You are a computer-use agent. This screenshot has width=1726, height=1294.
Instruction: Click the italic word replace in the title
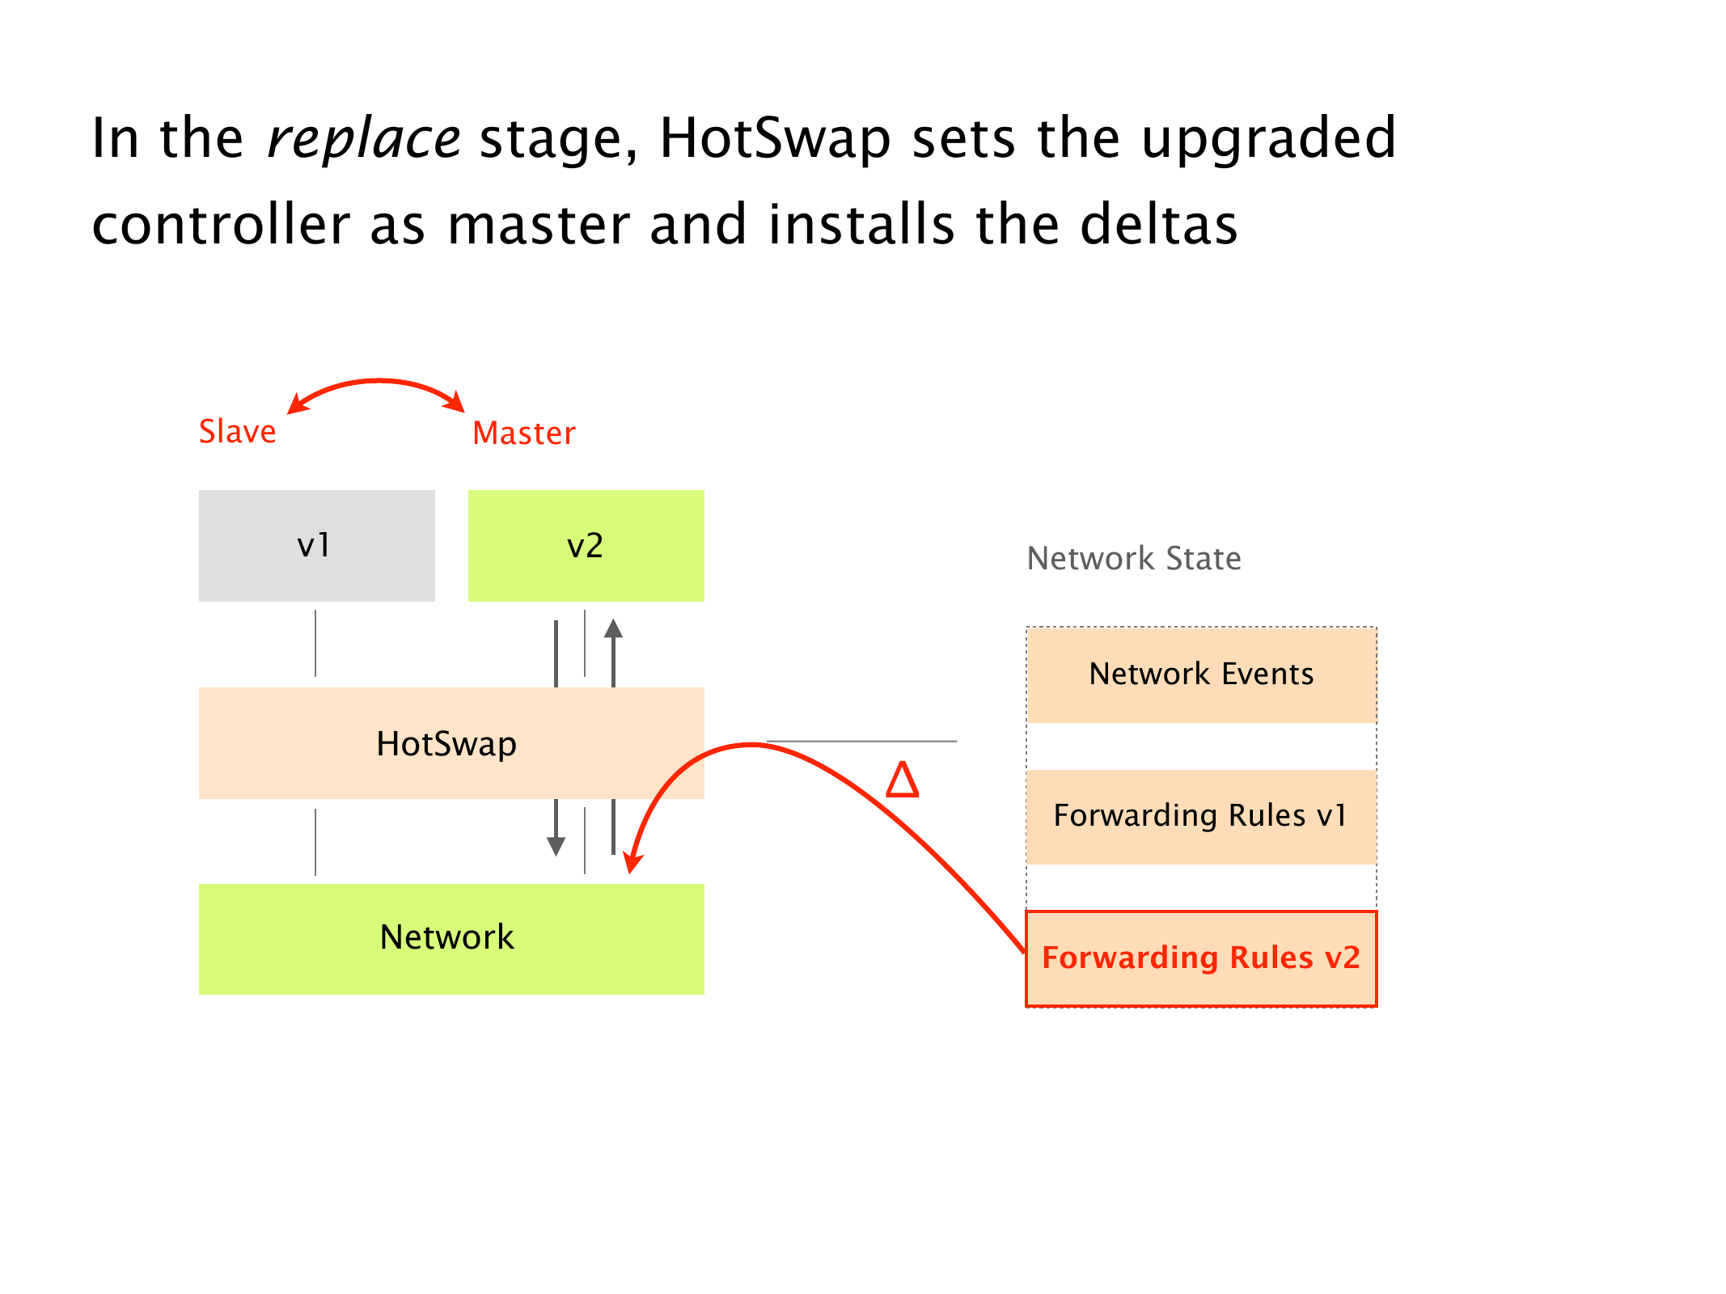(x=363, y=139)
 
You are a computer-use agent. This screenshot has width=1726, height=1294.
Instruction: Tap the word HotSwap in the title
(x=774, y=139)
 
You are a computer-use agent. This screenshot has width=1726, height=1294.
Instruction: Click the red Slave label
(x=237, y=432)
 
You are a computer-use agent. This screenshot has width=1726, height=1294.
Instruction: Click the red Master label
(x=524, y=433)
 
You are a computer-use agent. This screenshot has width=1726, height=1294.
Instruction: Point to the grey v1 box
(x=316, y=546)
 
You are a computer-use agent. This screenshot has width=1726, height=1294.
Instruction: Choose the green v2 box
(x=586, y=546)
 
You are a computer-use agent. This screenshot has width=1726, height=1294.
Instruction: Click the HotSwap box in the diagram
(x=446, y=743)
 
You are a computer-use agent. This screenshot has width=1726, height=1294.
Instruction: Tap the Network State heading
(x=1133, y=559)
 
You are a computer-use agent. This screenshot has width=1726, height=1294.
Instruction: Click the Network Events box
(x=1201, y=674)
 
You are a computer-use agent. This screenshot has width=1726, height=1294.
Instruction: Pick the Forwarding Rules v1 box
(x=1201, y=816)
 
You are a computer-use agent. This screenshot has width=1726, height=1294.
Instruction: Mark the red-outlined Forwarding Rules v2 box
(x=1201, y=958)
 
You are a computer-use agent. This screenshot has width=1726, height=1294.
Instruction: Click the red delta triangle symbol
(x=903, y=780)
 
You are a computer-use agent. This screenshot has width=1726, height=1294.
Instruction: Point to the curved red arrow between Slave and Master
(x=378, y=382)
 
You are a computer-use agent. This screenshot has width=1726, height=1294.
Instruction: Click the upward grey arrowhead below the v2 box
(x=614, y=628)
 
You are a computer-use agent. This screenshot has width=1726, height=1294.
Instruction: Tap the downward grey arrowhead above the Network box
(x=556, y=846)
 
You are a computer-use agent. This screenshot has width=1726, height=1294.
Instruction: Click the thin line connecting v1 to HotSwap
(x=315, y=643)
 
